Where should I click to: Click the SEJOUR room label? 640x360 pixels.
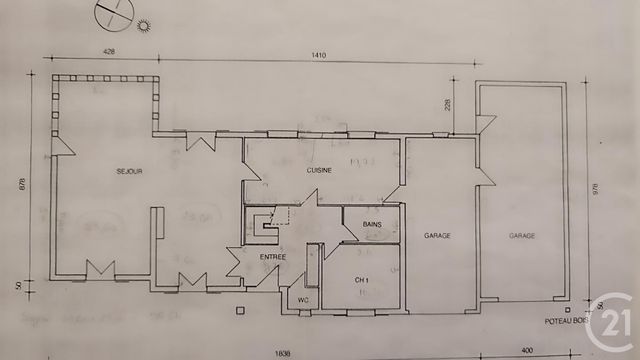(128, 172)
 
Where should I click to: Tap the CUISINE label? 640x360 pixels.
(319, 171)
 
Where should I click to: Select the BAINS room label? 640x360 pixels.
(373, 224)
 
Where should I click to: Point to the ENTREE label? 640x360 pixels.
(273, 257)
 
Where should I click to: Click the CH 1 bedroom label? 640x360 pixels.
(362, 279)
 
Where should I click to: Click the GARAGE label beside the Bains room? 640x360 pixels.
(437, 235)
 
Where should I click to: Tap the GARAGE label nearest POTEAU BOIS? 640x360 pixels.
(522, 235)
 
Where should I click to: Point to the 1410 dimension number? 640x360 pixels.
(319, 55)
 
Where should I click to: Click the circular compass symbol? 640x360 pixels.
(112, 14)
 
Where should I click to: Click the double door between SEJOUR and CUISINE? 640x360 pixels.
(199, 142)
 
